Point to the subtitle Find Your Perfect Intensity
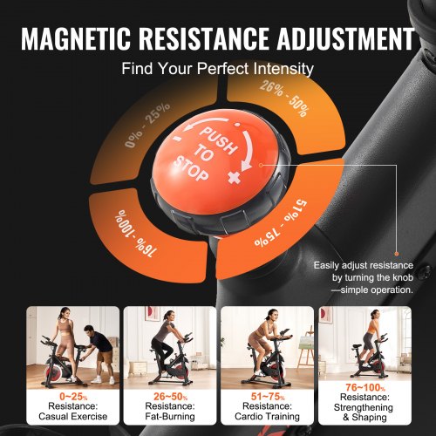(x=218, y=68)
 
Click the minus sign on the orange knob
(x=177, y=140)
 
